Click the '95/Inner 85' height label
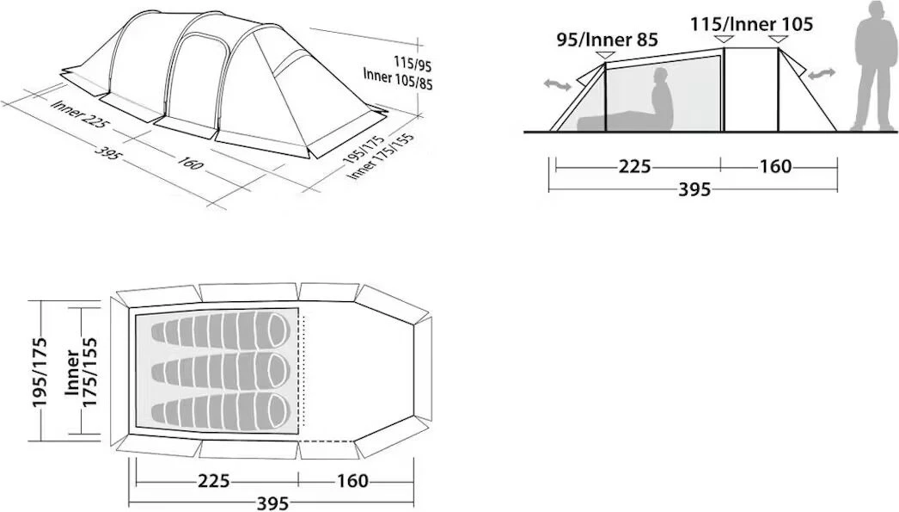click(x=607, y=40)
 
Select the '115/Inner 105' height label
click(x=751, y=24)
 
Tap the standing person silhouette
click(x=873, y=66)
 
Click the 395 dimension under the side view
click(x=694, y=188)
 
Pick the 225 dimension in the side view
click(x=634, y=166)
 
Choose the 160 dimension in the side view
click(x=775, y=166)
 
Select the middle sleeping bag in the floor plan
click(x=221, y=372)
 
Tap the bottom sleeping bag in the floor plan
click(x=221, y=411)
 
